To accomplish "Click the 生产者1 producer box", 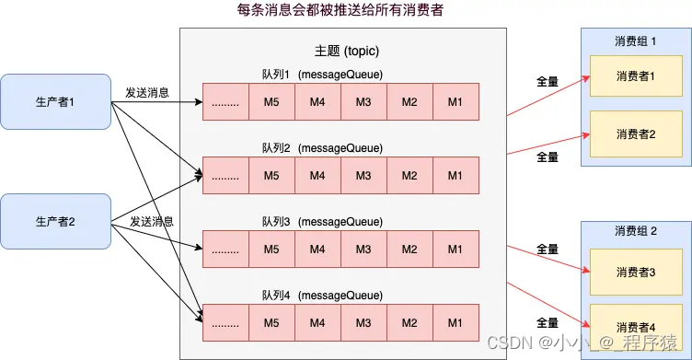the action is click(55, 101).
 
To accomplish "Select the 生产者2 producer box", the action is click(55, 221).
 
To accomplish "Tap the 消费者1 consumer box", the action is click(636, 76).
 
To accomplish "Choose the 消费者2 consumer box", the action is click(636, 134).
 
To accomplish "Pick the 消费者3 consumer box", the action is click(636, 273).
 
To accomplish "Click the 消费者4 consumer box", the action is click(636, 327).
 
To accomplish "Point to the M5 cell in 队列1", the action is click(271, 101).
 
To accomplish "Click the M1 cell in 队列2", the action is click(456, 175).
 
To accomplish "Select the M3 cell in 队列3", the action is click(363, 250).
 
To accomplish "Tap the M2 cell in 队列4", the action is click(409, 323).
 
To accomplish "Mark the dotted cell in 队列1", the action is click(225, 101).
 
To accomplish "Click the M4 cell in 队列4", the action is click(317, 323).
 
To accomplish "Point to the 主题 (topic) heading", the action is click(346, 51).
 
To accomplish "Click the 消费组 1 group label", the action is click(636, 41).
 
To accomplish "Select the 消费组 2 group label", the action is click(636, 230).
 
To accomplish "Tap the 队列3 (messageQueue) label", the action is click(322, 221).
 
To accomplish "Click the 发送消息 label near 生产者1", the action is click(147, 92).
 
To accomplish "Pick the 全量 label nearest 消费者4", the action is click(548, 323).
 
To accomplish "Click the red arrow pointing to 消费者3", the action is click(548, 259).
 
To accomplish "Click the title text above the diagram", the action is click(340, 10).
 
